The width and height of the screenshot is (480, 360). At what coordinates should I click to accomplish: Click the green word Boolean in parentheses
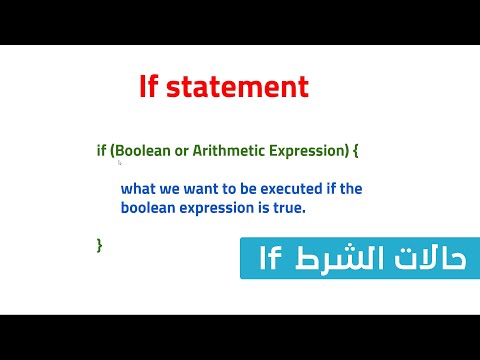tap(146, 150)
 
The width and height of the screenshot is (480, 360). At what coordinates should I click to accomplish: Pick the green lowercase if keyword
tap(101, 150)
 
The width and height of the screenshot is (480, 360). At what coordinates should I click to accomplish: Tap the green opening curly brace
tap(354, 150)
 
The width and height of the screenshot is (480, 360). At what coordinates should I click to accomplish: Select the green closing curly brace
tap(99, 244)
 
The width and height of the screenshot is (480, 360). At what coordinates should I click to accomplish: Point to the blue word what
tap(138, 188)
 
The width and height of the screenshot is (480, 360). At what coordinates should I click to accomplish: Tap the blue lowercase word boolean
tap(147, 208)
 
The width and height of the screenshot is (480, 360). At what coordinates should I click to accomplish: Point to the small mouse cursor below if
tap(120, 162)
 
